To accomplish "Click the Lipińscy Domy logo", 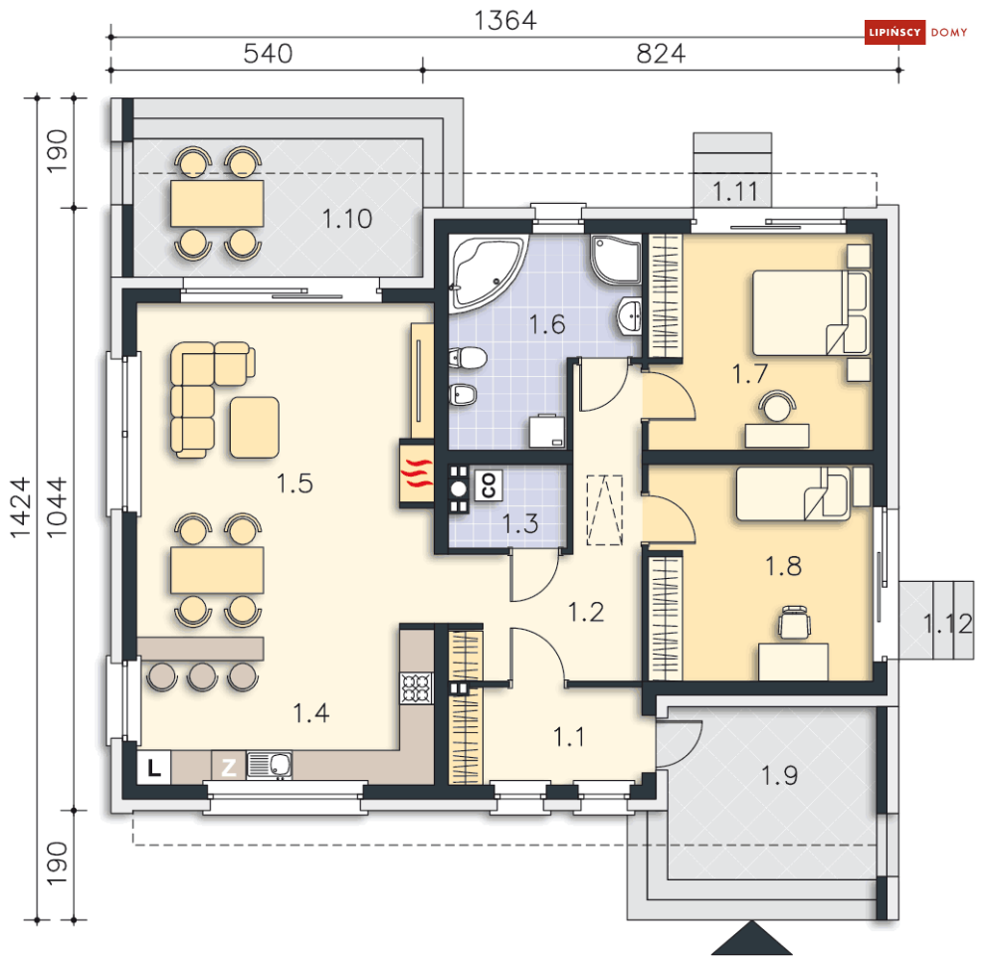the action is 915,32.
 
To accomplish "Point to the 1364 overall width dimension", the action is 505,21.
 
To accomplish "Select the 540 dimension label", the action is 269,54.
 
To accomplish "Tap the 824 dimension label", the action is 661,54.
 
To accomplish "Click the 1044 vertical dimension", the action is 57,507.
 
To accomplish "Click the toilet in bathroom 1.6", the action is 468,358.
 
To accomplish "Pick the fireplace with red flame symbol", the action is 417,474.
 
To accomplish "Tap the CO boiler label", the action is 489,485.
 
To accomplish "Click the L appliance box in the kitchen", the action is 154,768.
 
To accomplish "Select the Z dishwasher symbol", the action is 228,768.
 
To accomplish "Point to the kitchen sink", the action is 270,765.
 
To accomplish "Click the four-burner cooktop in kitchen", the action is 416,688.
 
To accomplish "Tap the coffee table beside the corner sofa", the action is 255,428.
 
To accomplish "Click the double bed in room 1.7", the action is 811,313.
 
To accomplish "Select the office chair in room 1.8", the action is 794,623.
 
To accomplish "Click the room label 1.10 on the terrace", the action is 347,219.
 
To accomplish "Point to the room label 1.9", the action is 779,775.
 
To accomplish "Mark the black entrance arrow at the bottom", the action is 751,938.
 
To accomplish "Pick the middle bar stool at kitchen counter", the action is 202,676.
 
